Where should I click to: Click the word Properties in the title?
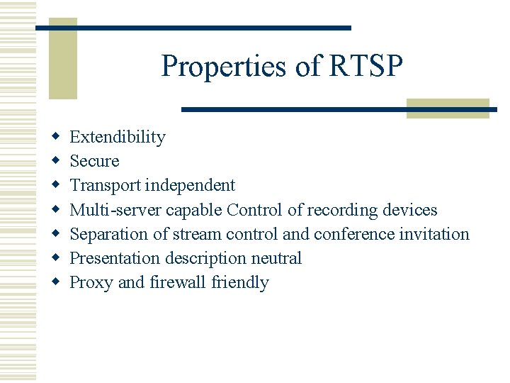click(x=208, y=67)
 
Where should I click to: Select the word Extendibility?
click(x=118, y=138)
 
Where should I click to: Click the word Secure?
click(x=94, y=162)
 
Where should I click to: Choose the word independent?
click(x=190, y=186)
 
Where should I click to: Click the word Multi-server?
click(x=115, y=210)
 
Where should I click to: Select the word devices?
click(x=410, y=210)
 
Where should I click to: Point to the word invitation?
click(x=434, y=234)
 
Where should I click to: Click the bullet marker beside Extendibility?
click(x=55, y=137)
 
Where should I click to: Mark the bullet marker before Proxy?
click(x=55, y=282)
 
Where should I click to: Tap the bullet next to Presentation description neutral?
click(x=55, y=257)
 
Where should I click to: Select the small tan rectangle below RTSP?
click(x=448, y=108)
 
